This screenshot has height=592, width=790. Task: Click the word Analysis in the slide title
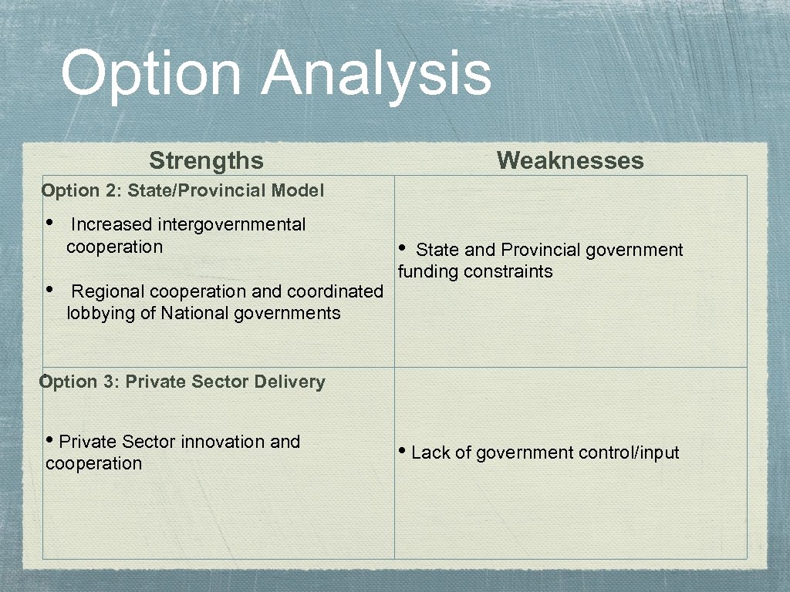(x=376, y=74)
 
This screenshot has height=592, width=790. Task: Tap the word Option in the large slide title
(x=151, y=74)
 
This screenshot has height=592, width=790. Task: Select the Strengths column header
(x=206, y=160)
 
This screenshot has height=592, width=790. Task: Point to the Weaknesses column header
(x=570, y=160)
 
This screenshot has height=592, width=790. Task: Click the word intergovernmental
(x=231, y=224)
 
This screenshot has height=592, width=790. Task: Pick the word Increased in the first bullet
(x=112, y=224)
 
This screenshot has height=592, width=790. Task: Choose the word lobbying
(x=98, y=313)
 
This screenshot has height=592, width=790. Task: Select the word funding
(x=427, y=271)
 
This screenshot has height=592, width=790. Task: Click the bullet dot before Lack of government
(x=403, y=451)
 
